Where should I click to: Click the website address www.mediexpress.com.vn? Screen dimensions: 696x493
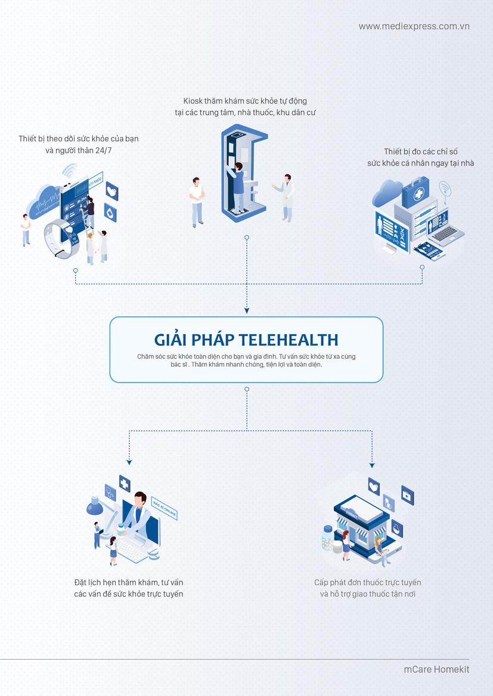pyautogui.click(x=414, y=26)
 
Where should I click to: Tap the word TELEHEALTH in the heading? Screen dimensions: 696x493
pyautogui.click(x=288, y=340)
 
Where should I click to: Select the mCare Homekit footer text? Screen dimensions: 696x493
pyautogui.click(x=436, y=669)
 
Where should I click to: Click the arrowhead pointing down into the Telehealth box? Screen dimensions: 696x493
pyautogui.click(x=247, y=310)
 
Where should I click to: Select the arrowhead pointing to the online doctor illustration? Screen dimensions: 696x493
pyautogui.click(x=129, y=462)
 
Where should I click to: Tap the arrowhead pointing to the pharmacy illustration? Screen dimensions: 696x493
pyautogui.click(x=372, y=465)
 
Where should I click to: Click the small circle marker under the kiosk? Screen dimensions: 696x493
pyautogui.click(x=247, y=237)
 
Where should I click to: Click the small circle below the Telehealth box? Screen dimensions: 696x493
pyautogui.click(x=247, y=389)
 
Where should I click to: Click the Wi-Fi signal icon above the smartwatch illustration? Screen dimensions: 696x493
pyautogui.click(x=70, y=170)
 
